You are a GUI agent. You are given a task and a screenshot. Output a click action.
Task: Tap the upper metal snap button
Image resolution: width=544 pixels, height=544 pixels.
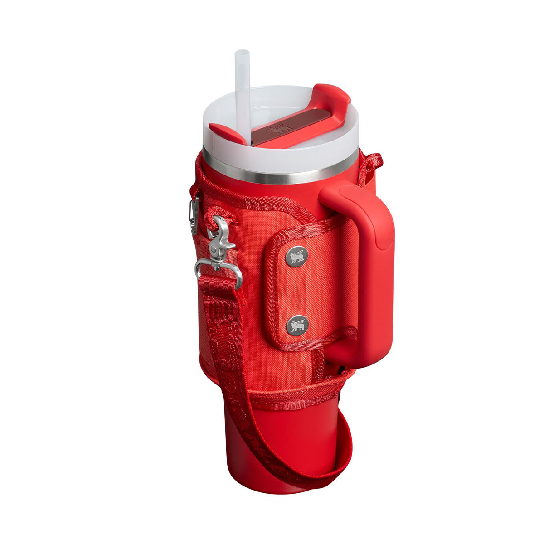[297, 256]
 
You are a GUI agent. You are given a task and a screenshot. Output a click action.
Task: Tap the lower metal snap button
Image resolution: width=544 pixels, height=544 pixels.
[297, 324]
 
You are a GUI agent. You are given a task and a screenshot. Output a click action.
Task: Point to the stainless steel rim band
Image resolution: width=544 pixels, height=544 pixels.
[281, 170]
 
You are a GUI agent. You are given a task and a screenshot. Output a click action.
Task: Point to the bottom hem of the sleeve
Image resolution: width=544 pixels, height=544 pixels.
[290, 399]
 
